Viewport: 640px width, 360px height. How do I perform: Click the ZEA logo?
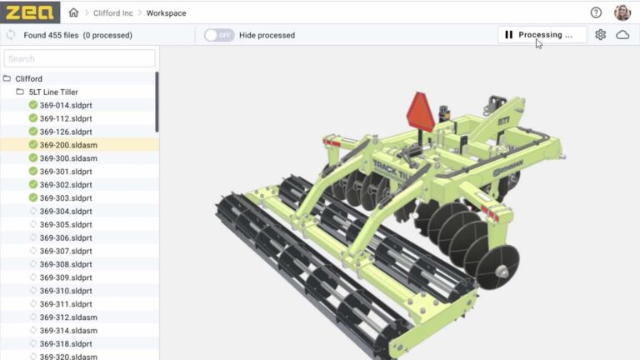[x=30, y=12]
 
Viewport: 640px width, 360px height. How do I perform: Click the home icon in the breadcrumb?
[x=73, y=12]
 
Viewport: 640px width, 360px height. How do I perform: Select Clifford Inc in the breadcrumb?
[x=113, y=13]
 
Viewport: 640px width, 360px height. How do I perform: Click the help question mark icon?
[x=596, y=12]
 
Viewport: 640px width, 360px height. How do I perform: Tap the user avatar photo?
[x=622, y=12]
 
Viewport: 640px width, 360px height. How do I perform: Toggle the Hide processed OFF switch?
[x=219, y=35]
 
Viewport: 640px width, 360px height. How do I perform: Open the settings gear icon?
[x=600, y=35]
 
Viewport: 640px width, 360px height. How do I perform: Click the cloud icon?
[x=622, y=35]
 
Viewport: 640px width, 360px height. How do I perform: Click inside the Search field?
[x=79, y=58]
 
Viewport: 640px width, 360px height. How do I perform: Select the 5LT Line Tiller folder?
[x=53, y=92]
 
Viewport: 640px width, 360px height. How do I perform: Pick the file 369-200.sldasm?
[x=68, y=145]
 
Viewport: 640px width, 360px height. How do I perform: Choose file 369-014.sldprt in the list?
[x=66, y=105]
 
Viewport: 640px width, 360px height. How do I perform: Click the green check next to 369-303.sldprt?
[x=33, y=197]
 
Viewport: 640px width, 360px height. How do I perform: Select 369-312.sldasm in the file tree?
[x=68, y=317]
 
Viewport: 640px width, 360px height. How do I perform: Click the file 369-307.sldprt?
[x=66, y=251]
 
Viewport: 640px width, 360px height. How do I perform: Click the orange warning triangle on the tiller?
[x=421, y=112]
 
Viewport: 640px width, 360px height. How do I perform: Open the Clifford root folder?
[x=28, y=79]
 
